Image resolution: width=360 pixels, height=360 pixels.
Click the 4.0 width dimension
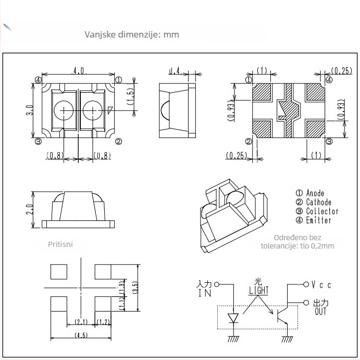pyautogui.click(x=79, y=70)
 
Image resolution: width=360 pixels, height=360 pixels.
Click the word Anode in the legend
pyautogui.click(x=315, y=193)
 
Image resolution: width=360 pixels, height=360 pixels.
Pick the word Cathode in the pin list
pyautogui.click(x=318, y=202)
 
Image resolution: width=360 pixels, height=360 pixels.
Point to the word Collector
pyautogui.click(x=322, y=211)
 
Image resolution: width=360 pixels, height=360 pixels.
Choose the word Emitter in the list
pyautogui.click(x=318, y=220)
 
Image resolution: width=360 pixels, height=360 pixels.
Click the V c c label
pyautogui.click(x=321, y=285)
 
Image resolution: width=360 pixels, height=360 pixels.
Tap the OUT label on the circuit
pyautogui.click(x=320, y=312)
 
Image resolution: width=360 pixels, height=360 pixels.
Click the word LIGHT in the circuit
pyautogui.click(x=258, y=290)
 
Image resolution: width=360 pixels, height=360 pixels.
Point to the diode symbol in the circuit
pyautogui.click(x=233, y=317)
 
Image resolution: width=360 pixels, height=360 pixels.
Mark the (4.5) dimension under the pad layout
pyautogui.click(x=81, y=334)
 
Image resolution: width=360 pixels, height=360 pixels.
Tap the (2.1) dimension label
pyautogui.click(x=81, y=322)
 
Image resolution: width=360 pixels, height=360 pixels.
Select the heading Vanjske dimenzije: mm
pyautogui.click(x=132, y=34)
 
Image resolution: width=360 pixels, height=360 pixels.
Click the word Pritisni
pyautogui.click(x=60, y=243)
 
